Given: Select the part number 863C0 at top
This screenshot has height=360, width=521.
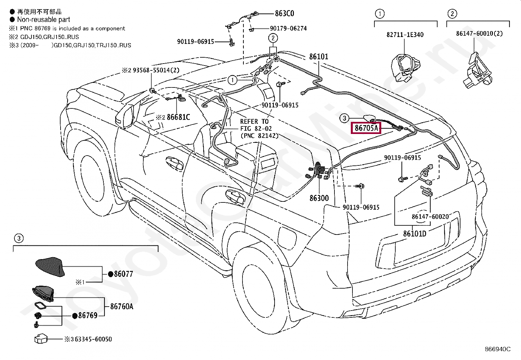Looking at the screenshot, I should click(x=284, y=13).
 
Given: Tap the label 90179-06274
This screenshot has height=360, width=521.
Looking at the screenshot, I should click(x=288, y=28).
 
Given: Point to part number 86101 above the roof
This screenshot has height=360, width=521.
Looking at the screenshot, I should click(x=318, y=57).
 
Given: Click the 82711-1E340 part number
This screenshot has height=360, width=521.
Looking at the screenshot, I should click(x=405, y=35).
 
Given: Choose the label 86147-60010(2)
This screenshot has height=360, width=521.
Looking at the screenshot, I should click(x=479, y=33).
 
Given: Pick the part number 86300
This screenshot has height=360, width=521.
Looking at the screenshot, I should click(x=319, y=198).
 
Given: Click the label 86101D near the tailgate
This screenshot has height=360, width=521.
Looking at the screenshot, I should click(x=415, y=234).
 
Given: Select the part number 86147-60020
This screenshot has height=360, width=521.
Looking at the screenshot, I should click(x=430, y=217).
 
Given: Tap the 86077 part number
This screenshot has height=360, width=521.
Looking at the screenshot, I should click(x=123, y=274).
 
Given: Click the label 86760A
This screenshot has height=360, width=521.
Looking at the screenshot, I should click(x=122, y=307).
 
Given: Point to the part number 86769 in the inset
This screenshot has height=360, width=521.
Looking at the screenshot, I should click(x=88, y=315).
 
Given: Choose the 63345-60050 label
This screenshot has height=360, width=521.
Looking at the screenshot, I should click(x=93, y=339).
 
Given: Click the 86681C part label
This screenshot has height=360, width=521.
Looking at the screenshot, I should click(x=178, y=117).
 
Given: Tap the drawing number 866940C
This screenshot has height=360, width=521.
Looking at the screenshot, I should click(x=498, y=349).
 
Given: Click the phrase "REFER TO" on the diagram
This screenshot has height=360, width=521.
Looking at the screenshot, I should click(x=254, y=122).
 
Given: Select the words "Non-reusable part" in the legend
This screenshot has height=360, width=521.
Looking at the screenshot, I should click(x=44, y=20).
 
